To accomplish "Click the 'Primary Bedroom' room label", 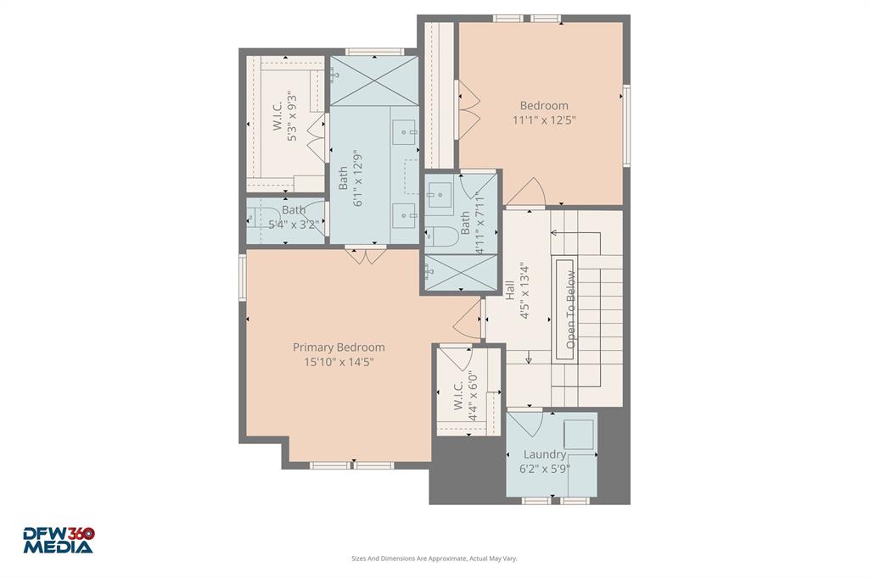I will pos(339,347).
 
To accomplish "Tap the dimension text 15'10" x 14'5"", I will pos(339,362).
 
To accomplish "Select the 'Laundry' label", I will pos(544,454).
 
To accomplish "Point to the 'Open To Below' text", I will pos(571,309).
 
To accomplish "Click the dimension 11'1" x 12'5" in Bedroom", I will pos(544,120).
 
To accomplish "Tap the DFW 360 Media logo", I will pos(59,541).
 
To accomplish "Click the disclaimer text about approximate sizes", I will pos(434,559).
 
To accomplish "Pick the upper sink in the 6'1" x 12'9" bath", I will pos(405,131).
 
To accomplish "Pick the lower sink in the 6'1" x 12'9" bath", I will pos(405,213).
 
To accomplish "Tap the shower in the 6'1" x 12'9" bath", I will pos(373,81).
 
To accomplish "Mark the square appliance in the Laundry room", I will pos(578,434).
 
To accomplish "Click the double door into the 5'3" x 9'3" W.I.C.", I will pos(317,139).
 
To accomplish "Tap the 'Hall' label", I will pos(510,290).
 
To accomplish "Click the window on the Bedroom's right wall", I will pos(626,125).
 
